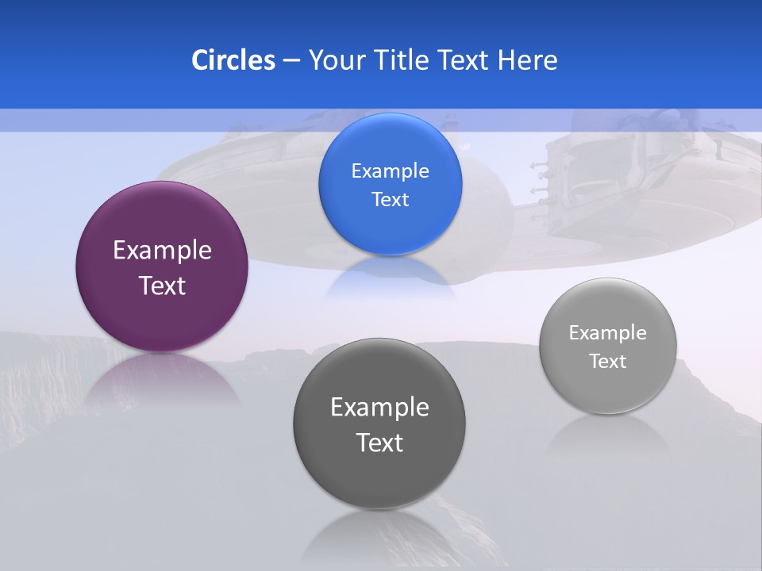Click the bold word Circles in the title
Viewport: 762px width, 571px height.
233,60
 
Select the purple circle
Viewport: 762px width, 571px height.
162,317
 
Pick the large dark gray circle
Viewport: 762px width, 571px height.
379,476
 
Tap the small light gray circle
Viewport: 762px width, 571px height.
608,389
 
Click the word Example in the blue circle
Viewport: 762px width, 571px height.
390,171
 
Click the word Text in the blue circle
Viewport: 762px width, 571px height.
390,199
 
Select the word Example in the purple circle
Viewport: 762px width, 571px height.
162,250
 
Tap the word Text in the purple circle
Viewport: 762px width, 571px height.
162,285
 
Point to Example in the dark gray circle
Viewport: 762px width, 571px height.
379,407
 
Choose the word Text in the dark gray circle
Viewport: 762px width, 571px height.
379,443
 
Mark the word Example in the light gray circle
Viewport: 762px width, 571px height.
608,332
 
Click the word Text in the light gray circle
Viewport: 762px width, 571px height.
608,361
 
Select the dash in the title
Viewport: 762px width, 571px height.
291,60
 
